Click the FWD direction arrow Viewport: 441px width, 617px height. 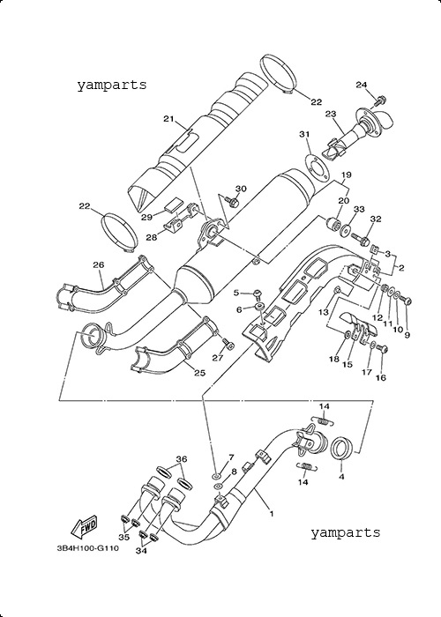point(84,527)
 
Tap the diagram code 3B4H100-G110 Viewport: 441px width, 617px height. point(88,547)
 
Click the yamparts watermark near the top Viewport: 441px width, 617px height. point(112,85)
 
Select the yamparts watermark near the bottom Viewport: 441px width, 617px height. point(346,532)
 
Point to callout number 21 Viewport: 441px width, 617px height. point(169,119)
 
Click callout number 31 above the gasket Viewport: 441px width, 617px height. point(304,135)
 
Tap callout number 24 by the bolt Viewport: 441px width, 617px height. point(362,85)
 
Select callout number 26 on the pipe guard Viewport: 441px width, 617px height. point(99,265)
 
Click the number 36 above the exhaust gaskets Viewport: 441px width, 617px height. point(182,459)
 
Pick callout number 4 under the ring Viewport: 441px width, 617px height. point(342,477)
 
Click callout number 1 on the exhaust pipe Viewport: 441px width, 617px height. point(272,514)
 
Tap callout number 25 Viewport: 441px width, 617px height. point(200,373)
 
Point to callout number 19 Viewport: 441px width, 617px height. point(346,175)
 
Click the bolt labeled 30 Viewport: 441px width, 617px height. point(232,202)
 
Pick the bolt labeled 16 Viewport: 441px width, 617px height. point(382,349)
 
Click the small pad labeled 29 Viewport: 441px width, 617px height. point(172,205)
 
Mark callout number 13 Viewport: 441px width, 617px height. point(324,312)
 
